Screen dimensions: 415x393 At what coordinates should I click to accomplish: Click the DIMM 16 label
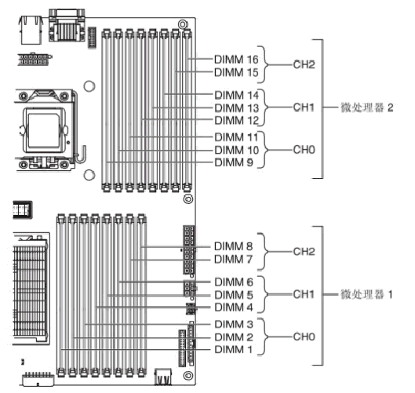[236, 60]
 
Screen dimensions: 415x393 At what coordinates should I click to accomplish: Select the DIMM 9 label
[234, 162]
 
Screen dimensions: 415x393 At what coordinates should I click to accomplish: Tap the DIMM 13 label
[236, 108]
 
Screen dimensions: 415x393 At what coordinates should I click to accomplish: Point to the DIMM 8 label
[234, 246]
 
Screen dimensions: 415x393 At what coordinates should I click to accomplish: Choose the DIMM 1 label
[234, 349]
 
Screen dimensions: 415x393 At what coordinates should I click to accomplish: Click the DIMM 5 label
[234, 295]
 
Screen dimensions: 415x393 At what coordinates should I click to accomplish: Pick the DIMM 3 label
[234, 324]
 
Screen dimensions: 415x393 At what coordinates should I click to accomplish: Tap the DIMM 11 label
[236, 137]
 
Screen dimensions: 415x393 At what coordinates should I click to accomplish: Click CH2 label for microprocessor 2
[304, 64]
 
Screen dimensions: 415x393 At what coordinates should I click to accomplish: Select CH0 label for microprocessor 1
[304, 337]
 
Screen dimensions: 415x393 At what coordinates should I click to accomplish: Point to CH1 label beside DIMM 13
[304, 107]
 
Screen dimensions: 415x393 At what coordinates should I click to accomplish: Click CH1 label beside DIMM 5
[304, 294]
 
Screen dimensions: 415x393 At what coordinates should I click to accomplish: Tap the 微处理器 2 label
[366, 107]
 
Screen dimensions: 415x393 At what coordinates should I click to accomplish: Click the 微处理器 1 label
[366, 294]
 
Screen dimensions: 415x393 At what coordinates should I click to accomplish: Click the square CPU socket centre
[44, 130]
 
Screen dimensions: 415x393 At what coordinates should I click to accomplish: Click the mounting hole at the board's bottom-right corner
[188, 375]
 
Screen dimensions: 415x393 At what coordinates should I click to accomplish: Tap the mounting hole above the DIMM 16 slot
[183, 24]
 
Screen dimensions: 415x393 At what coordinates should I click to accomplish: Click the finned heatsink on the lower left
[31, 289]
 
